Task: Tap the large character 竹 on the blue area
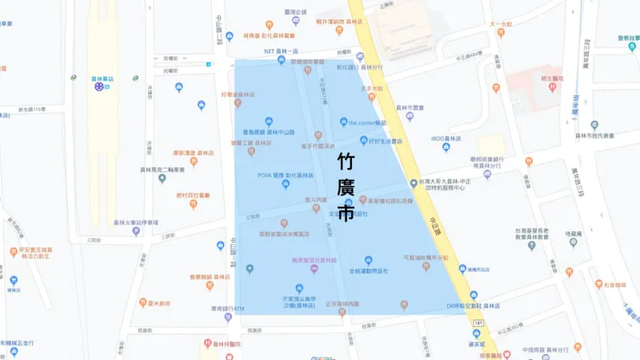point(346,162)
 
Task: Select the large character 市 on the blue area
point(346,211)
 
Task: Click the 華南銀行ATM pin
point(228,317)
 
